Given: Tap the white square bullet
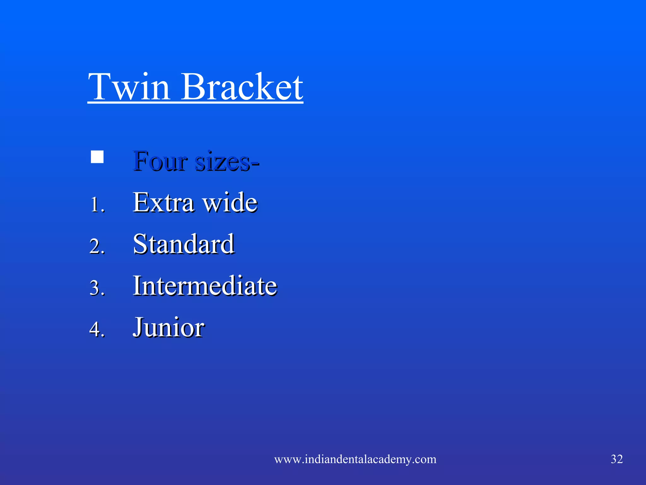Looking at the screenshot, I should (x=97, y=157).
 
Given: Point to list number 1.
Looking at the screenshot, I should (x=97, y=205).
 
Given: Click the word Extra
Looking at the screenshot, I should (x=163, y=202).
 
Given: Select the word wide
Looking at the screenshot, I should (x=230, y=202).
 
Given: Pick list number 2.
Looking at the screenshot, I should (x=97, y=246).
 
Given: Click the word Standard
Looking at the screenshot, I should (x=184, y=244).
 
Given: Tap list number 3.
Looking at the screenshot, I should (x=97, y=288).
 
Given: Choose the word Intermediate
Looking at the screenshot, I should (x=205, y=285).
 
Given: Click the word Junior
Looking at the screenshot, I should (x=168, y=327).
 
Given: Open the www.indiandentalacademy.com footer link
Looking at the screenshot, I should (x=355, y=459).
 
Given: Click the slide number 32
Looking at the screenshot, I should (x=617, y=459).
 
